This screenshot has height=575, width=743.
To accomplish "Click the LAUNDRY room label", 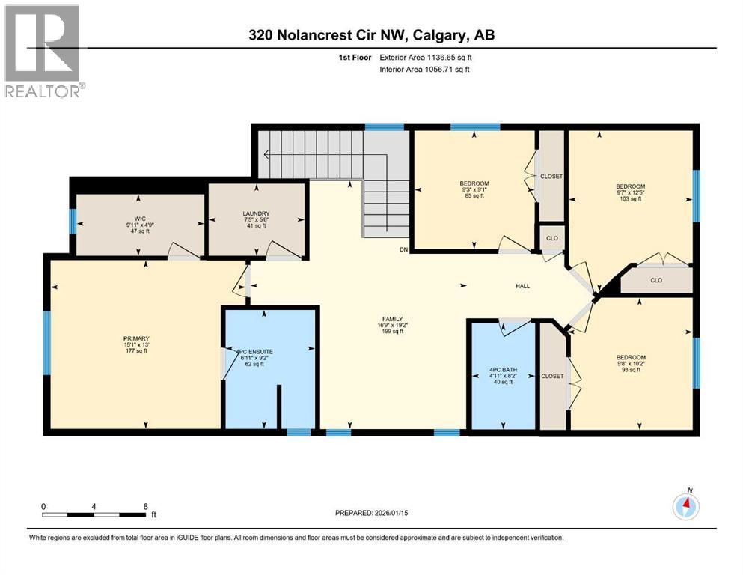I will click(256, 213).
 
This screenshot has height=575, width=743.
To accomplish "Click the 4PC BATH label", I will click(501, 369).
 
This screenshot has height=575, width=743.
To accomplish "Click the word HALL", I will click(522, 286).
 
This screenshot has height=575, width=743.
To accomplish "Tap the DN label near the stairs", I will click(403, 249).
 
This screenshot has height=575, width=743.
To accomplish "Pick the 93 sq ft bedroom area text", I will click(629, 369).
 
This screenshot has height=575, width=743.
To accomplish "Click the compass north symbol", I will click(685, 507).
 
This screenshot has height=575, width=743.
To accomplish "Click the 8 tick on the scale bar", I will click(144, 506).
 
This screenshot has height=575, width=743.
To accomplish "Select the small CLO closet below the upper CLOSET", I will click(552, 238).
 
